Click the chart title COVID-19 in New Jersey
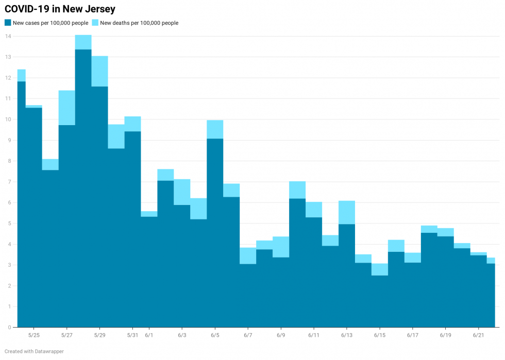tap(60, 9)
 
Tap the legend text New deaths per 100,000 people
tap(139, 23)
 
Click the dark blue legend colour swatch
tap(8, 23)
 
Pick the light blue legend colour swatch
tap(95, 23)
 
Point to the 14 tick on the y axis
tap(8, 36)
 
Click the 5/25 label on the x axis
tap(33, 335)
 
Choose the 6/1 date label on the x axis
tap(149, 335)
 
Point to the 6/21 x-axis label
tap(478, 335)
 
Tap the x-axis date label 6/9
tap(281, 335)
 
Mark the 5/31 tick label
tap(132, 335)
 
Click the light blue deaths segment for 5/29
tap(99, 71)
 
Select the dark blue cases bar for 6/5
tap(215, 232)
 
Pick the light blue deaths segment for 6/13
tap(347, 212)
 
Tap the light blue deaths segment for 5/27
tap(66, 108)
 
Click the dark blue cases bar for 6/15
tap(380, 301)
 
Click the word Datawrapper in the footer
tap(49, 351)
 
